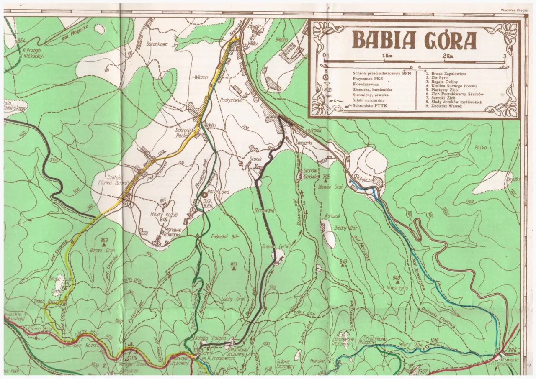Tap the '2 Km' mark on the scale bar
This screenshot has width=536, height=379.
click(x=448, y=56)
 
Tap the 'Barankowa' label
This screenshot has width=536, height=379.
click(x=157, y=43)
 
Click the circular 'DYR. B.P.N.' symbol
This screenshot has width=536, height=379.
click(x=205, y=195)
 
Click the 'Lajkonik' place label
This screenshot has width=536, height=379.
click(x=313, y=131)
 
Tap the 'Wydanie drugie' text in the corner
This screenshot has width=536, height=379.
click(x=513, y=10)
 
